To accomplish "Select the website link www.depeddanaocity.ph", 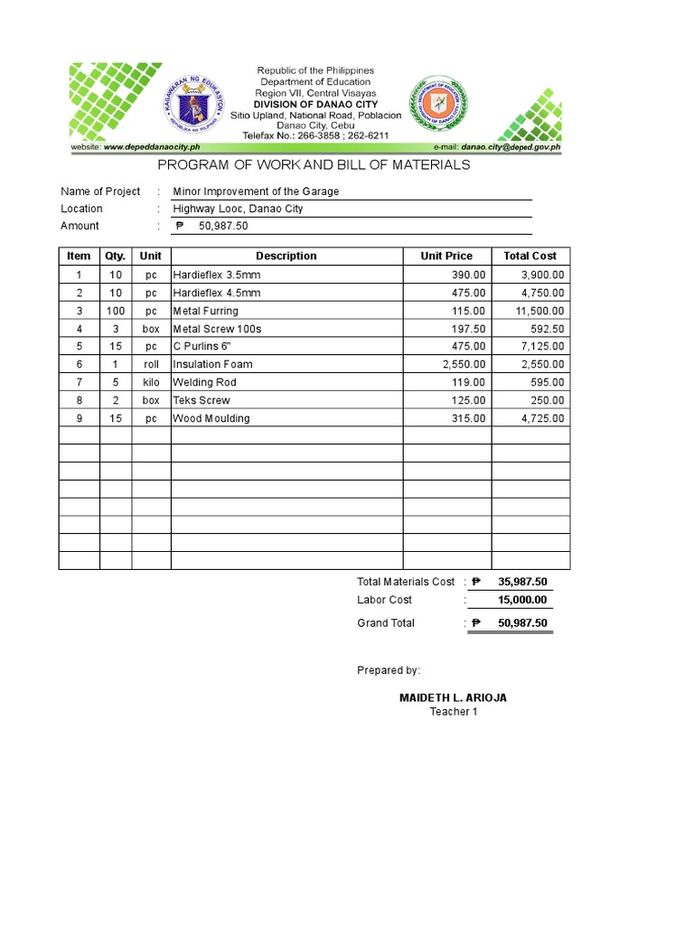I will [151, 146].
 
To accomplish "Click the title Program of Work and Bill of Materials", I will [314, 164].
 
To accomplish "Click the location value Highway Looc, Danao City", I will [238, 209].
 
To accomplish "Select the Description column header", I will [286, 257].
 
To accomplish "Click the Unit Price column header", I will [446, 257].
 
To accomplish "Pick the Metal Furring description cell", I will [206, 311].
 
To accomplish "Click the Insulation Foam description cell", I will [212, 364].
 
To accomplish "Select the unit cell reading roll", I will [151, 364].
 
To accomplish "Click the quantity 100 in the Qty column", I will [116, 311].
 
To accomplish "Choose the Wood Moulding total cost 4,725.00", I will [541, 418].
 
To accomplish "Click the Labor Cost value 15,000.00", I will [521, 600].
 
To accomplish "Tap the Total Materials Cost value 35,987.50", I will [521, 582].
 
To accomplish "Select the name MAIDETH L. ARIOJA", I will [453, 698].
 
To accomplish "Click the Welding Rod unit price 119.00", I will [469, 382].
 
